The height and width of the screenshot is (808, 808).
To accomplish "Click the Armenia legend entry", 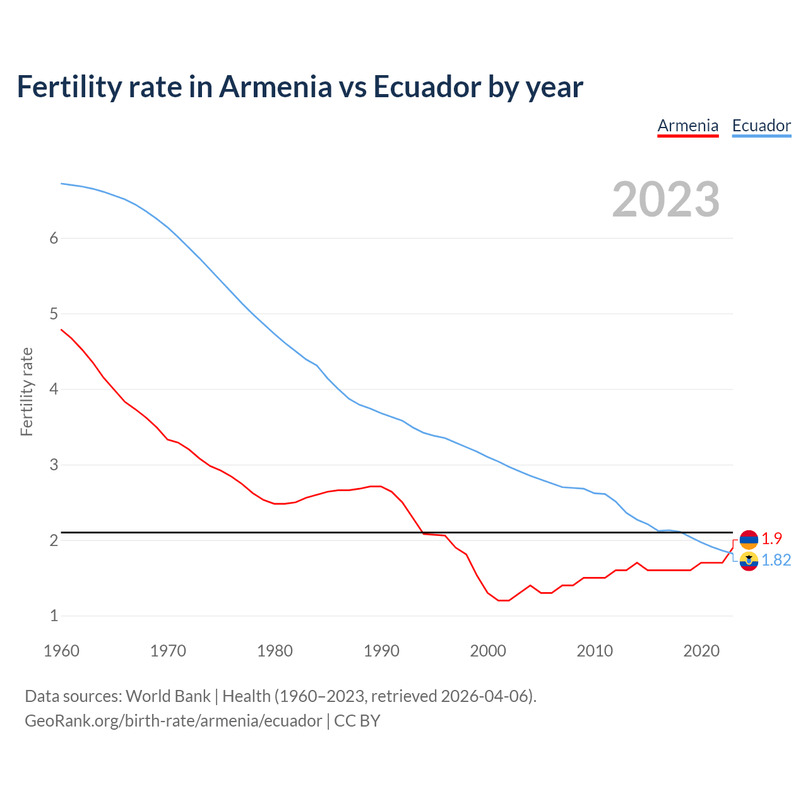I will pos(688,126).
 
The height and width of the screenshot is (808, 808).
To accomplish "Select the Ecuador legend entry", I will pos(761,126).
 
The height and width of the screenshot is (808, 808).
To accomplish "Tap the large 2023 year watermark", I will pos(666,199).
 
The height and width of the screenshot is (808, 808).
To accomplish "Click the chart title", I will pos(300,86).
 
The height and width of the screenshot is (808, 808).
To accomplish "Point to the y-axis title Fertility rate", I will pos(27,391).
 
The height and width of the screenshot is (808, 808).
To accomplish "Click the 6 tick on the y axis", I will pos(54,238).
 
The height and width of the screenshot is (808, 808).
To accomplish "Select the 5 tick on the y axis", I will pos(54,314).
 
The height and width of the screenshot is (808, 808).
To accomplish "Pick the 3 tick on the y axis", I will pos(54,465).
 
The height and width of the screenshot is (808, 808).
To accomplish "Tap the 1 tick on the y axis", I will pos(54,616).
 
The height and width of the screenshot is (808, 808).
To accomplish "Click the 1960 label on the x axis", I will pos(61,651).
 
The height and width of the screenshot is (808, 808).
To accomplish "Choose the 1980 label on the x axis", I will pos(275,651).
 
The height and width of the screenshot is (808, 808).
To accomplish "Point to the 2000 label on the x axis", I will pos(488,651).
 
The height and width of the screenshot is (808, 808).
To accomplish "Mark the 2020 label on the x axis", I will pos(701,651).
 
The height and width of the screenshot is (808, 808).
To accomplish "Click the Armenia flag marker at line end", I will pos(749,539).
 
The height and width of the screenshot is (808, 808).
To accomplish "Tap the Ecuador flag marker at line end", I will pos(749,561).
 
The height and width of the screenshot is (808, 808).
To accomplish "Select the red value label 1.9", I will pos(771,538).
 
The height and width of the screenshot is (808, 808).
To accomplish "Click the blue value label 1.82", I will pos(776,561).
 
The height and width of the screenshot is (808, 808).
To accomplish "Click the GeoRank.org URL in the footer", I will pos(173,721).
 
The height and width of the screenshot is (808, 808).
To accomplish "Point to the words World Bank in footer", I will pos(168,696).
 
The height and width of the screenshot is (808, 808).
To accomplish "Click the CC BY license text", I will pos(357,721).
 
